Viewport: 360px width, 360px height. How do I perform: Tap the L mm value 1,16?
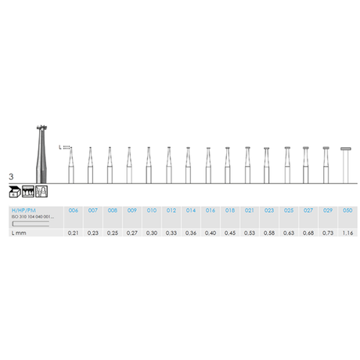click(x=347, y=233)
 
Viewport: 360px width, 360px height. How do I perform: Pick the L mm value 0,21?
click(x=74, y=233)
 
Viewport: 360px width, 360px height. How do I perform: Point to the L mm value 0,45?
click(x=229, y=233)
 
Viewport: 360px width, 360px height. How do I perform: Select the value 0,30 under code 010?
click(x=151, y=233)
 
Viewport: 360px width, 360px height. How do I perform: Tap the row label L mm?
click(x=19, y=233)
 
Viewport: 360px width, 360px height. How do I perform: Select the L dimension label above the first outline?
click(x=59, y=146)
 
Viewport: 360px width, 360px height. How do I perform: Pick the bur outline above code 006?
click(x=71, y=164)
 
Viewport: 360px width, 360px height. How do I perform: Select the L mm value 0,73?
click(x=326, y=233)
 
